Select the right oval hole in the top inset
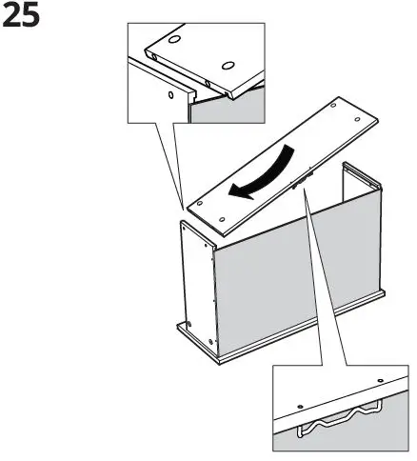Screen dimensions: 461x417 (x=227, y=65)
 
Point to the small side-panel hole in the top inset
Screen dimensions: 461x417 (x=170, y=95)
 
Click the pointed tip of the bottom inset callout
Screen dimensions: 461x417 (x=303, y=190)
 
